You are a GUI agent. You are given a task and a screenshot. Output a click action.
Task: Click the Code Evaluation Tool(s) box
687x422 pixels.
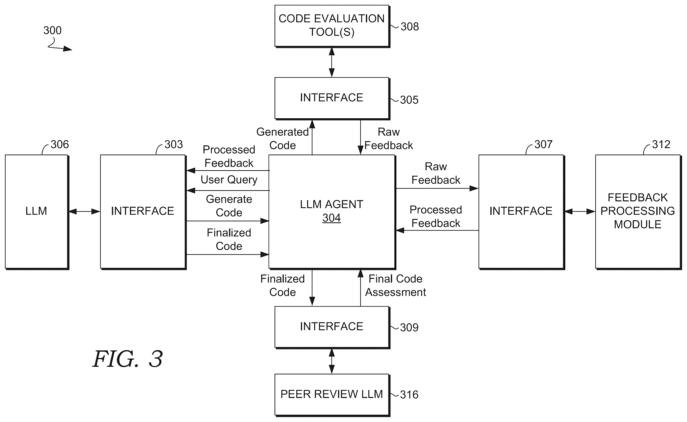332,26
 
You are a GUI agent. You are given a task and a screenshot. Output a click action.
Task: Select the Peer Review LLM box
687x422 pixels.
332,395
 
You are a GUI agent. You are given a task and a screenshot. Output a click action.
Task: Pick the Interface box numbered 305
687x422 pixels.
332,98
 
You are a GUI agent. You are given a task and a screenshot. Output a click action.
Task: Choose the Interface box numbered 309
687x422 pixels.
332,327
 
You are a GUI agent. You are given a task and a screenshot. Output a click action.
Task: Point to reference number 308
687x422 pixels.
409,27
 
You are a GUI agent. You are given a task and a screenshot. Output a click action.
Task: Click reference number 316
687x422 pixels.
409,395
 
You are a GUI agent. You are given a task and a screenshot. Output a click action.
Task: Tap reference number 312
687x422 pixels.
661,144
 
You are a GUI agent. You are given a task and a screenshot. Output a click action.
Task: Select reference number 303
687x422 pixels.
174,144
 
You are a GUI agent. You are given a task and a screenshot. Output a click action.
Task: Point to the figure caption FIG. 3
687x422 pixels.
127,359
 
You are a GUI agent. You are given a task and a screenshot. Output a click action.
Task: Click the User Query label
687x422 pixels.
229,180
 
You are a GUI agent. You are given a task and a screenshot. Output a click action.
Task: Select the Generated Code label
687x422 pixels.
282,138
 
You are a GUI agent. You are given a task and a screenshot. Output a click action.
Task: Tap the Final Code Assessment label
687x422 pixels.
396,285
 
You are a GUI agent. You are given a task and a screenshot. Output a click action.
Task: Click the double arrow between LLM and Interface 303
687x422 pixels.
84,211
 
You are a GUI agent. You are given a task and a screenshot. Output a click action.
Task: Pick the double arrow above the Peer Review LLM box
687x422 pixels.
332,361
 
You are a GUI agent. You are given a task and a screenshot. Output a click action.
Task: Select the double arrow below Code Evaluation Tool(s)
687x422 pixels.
332,62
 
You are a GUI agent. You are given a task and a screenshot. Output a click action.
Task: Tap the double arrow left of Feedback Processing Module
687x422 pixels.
580,211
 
